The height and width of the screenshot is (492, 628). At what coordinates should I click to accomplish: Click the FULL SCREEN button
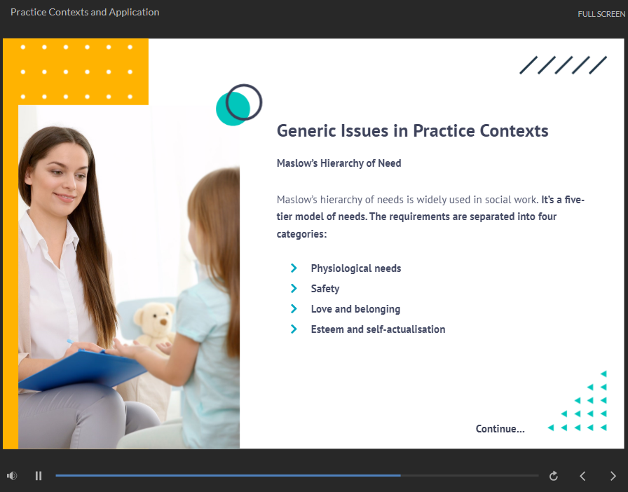(601, 14)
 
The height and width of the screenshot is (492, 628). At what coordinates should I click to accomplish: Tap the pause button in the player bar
(39, 476)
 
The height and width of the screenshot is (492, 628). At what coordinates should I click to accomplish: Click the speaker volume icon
(12, 476)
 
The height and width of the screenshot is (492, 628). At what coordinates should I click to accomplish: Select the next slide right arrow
(613, 476)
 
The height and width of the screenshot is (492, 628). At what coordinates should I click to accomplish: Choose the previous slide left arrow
(582, 476)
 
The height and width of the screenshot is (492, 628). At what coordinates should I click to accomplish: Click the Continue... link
(500, 429)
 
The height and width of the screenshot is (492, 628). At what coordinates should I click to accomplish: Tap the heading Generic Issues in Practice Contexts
(413, 130)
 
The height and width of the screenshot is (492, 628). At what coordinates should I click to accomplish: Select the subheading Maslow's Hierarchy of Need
(339, 163)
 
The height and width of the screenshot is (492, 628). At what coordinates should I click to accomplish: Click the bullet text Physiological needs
(356, 268)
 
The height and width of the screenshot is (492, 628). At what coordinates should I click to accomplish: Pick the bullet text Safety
(325, 289)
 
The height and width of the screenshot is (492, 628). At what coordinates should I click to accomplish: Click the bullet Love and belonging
(355, 309)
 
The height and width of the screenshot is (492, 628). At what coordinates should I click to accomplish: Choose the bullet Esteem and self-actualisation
(378, 329)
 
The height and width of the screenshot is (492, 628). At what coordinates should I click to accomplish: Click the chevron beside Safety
(294, 289)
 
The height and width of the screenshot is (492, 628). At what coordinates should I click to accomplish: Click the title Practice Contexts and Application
(85, 12)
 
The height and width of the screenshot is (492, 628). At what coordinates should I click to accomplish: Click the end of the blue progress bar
(400, 476)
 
